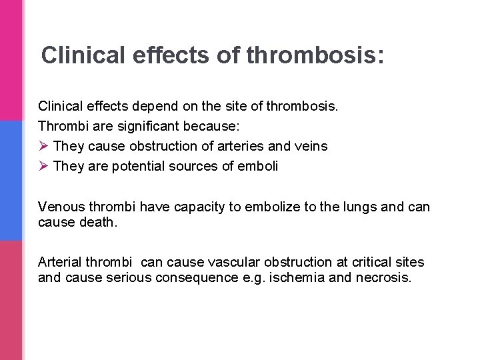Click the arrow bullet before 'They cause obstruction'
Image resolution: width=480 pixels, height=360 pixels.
tap(43, 146)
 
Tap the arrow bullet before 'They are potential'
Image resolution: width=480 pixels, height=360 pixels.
tap(43, 166)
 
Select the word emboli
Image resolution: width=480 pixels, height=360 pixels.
tap(258, 166)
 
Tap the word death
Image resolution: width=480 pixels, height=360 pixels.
tap(97, 222)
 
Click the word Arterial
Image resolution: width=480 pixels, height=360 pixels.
tap(62, 263)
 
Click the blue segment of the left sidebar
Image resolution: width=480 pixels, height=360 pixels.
tap(11, 180)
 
